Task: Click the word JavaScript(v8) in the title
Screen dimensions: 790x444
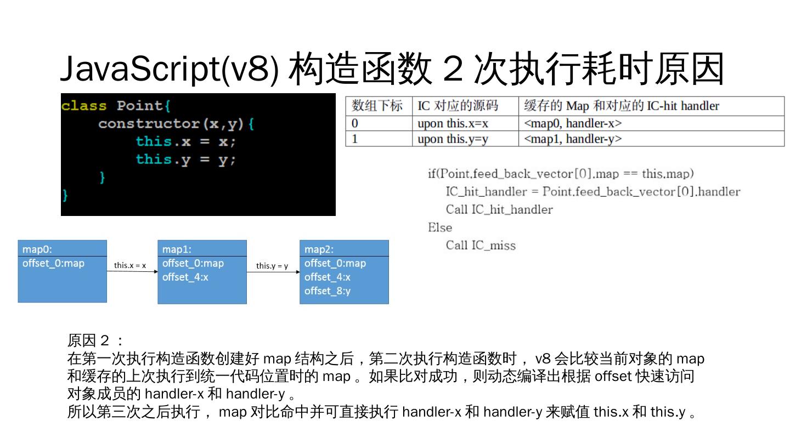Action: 169,70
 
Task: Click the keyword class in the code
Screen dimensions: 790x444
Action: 84,106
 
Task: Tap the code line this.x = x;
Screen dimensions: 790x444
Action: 185,141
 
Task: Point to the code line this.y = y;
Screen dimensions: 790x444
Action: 185,160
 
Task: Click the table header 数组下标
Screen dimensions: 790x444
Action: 377,106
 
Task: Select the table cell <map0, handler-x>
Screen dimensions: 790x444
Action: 573,123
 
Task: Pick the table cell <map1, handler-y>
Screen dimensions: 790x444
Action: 573,139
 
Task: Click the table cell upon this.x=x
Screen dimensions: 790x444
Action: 453,123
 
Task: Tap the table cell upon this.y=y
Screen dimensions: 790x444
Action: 453,139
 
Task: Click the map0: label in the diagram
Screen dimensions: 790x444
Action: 37,249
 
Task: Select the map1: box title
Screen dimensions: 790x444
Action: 177,249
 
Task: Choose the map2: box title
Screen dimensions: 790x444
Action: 319,249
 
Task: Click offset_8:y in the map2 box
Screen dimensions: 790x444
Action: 328,291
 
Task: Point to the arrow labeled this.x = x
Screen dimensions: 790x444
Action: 132,271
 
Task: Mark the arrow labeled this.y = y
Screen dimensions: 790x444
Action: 273,271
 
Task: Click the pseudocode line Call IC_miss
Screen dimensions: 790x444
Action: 481,246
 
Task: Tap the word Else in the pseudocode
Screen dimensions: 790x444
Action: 440,227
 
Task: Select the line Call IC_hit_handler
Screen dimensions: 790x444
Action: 499,209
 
